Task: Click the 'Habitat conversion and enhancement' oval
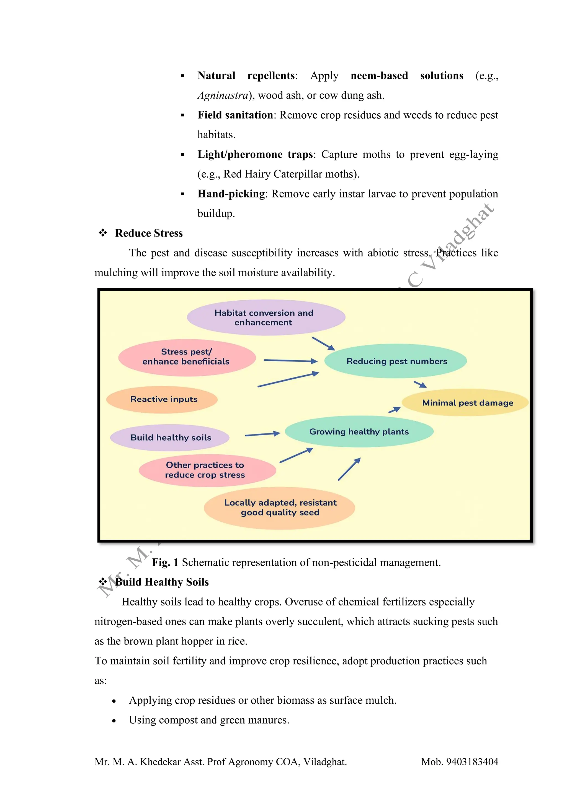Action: click(x=266, y=318)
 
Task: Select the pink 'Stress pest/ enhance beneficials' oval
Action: click(x=187, y=357)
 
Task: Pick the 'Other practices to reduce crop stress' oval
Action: click(x=207, y=470)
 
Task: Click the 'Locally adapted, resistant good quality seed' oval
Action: click(x=280, y=508)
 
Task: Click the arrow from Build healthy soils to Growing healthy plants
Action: click(x=262, y=434)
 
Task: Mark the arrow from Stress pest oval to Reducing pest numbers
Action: click(x=290, y=361)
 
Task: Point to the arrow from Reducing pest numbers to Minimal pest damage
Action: click(x=420, y=384)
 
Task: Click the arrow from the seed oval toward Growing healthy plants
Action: click(x=349, y=469)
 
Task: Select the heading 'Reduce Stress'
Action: click(x=149, y=233)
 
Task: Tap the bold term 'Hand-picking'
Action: click(x=231, y=194)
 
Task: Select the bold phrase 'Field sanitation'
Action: click(x=235, y=115)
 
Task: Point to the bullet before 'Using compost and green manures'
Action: click(x=114, y=721)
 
